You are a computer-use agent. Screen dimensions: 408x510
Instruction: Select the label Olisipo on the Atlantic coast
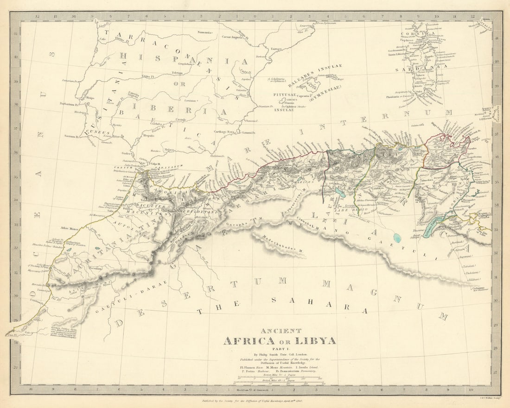(89, 98)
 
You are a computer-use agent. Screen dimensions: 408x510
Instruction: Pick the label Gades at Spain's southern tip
(127, 153)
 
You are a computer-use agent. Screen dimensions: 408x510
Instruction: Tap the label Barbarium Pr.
(70, 104)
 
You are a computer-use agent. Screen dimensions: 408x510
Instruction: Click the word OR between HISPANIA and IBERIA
(182, 84)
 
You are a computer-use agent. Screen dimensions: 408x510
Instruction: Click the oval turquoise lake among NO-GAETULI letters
(397, 238)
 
